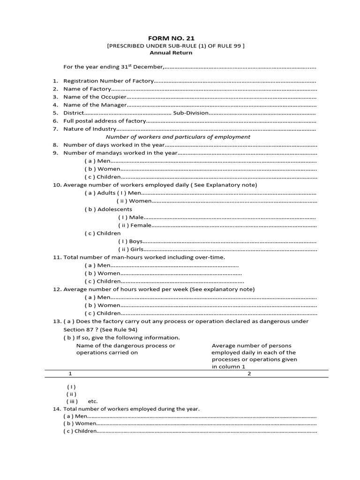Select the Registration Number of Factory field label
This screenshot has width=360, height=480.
[x=108, y=81]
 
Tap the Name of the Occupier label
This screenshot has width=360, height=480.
[x=95, y=97]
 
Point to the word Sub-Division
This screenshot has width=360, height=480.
[x=190, y=113]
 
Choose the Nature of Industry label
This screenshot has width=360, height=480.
[x=90, y=129]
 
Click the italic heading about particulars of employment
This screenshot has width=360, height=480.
[x=178, y=137]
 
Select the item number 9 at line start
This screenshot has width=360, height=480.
[x=55, y=153]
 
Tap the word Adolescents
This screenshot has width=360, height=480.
[x=114, y=209]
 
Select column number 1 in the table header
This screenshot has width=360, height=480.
[x=70, y=374]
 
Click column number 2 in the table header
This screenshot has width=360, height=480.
[x=249, y=374]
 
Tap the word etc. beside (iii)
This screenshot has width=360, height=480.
[x=93, y=401]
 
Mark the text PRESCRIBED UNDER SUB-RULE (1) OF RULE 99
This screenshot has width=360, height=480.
[x=176, y=45]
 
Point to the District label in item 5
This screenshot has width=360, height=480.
[x=74, y=113]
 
